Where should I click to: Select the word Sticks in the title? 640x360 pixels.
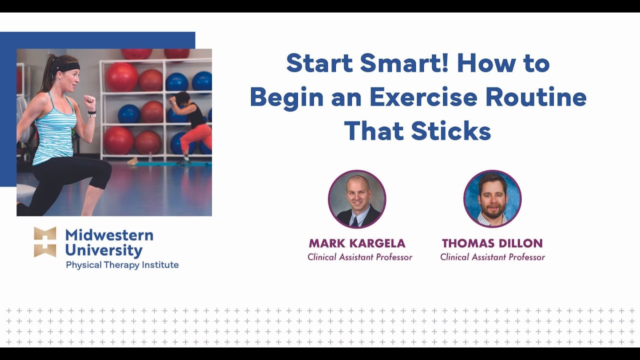coord(451,130)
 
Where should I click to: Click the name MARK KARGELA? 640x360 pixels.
coord(357,243)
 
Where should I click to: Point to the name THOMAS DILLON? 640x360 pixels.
coord(492,243)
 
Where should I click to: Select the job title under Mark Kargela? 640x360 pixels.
coord(359,257)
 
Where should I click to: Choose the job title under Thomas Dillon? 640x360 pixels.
coord(492,257)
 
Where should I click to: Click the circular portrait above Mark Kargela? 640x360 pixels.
coord(357,199)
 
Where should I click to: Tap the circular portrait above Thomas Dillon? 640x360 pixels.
coord(492,199)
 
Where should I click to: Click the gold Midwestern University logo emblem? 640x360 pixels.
coord(45,242)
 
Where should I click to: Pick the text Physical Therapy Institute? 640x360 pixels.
coord(122,265)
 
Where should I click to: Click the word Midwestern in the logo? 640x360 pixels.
coord(109,234)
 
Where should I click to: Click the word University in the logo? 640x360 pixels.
coord(103,250)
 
